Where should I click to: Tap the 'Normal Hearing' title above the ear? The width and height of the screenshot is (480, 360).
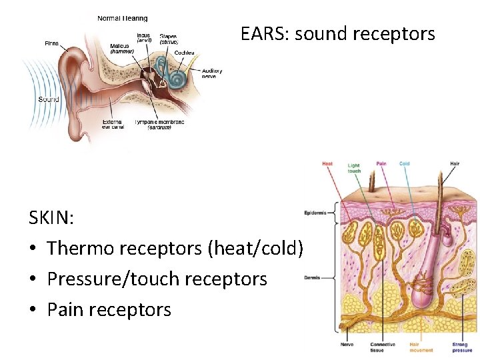[x=123, y=18]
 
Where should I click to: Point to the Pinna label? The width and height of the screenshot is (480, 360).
[x=51, y=43]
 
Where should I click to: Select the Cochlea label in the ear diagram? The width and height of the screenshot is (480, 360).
[x=185, y=53]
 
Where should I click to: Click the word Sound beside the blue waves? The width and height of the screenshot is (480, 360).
[x=49, y=99]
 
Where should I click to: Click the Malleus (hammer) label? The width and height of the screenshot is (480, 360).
[x=122, y=48]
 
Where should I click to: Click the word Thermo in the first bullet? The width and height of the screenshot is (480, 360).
[x=81, y=248]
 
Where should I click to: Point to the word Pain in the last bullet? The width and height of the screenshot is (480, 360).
[x=66, y=309]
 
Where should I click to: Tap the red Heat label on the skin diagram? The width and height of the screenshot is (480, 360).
[x=327, y=163]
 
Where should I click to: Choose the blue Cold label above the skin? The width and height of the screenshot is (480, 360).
[x=405, y=163]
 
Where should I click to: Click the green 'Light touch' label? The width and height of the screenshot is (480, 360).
[x=355, y=168]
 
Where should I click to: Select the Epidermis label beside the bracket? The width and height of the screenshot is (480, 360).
[x=315, y=213]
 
